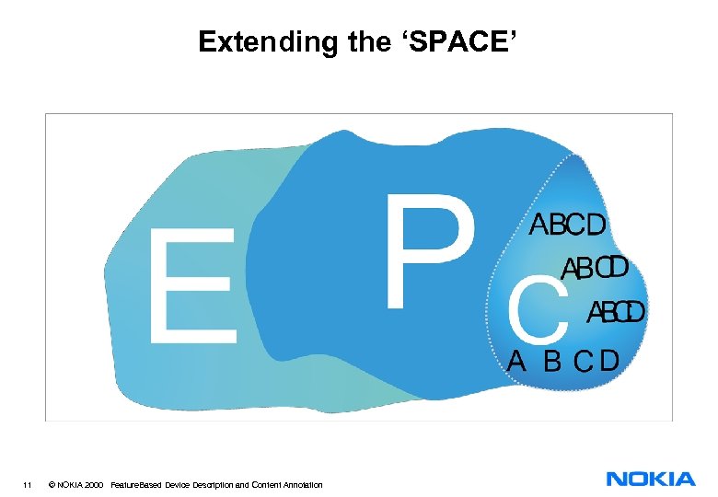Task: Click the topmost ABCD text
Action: pos(568,225)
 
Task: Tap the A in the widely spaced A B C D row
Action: pos(517,361)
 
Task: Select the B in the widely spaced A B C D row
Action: pos(552,361)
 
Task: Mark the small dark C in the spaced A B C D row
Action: pos(582,361)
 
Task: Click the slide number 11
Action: pos(29,484)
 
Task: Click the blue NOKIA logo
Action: pos(651,479)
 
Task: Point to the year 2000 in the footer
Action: pos(92,484)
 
